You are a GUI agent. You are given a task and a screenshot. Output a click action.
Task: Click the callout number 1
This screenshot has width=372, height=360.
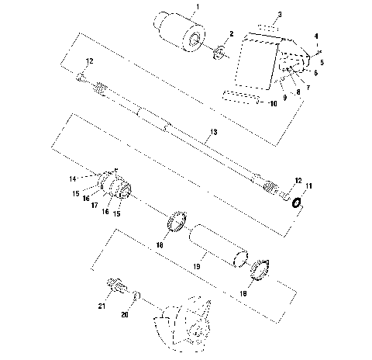[197, 6]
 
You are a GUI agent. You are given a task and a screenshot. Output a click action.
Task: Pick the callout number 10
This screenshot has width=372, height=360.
[273, 103]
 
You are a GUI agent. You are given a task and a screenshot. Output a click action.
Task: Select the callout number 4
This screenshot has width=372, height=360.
[318, 36]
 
